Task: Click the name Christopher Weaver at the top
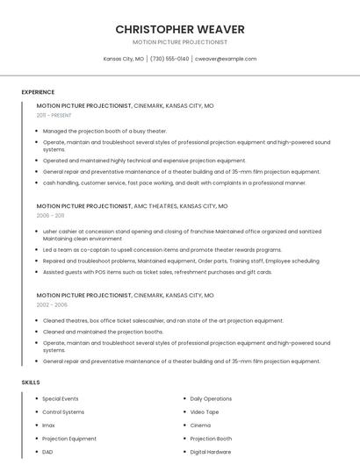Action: [180, 29]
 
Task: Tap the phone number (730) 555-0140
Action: [169, 59]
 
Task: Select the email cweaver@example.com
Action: [226, 59]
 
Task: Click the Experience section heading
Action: [38, 92]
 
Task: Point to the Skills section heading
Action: [31, 383]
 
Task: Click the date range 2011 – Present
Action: [54, 115]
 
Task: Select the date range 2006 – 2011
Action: [50, 215]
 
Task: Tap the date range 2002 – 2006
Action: [52, 305]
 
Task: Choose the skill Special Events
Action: [61, 399]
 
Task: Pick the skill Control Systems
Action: [63, 412]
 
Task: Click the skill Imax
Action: [48, 426]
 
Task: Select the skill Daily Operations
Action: [211, 399]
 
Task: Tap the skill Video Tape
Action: [205, 412]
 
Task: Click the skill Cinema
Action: [200, 426]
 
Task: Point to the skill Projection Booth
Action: [211, 439]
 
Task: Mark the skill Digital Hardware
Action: [211, 452]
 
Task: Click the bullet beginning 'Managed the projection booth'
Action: [104, 131]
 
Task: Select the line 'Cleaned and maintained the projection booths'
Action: [103, 332]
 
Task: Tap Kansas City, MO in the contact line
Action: [123, 59]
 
